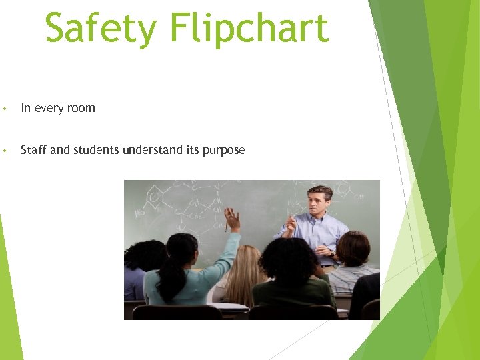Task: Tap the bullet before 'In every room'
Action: (5, 109)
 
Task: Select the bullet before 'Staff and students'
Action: (5, 151)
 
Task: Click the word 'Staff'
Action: (33, 150)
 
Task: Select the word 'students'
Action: (94, 150)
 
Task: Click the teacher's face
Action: (319, 203)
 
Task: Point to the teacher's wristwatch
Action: (332, 253)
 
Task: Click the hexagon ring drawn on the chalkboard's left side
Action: (155, 197)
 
